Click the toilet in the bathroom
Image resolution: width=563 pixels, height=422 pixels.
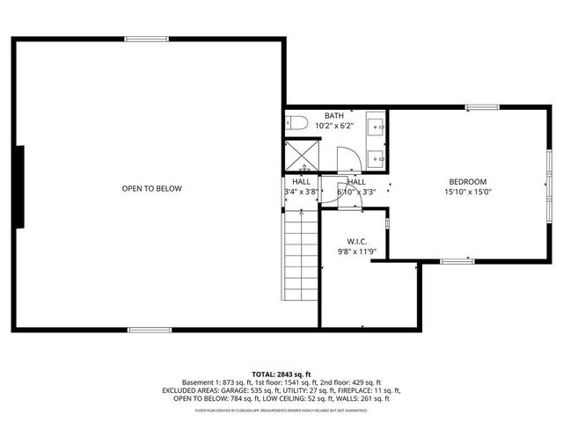(x=296, y=124)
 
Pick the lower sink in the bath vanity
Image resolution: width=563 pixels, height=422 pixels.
(x=377, y=158)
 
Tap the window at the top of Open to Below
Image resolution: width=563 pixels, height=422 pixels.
(x=146, y=39)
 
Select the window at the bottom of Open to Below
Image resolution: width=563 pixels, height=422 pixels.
(x=150, y=330)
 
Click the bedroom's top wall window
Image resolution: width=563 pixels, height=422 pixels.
(x=483, y=107)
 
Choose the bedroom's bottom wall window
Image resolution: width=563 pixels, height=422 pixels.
(x=457, y=260)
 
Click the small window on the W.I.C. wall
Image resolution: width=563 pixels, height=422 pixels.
(x=387, y=234)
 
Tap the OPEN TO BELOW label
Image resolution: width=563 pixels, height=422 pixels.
(x=151, y=189)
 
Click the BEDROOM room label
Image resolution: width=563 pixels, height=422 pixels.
(x=467, y=182)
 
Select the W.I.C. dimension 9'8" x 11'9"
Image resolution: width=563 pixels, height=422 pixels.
(x=357, y=251)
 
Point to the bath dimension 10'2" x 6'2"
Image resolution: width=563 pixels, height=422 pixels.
(x=334, y=127)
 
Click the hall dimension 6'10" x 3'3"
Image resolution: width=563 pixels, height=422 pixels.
(x=356, y=192)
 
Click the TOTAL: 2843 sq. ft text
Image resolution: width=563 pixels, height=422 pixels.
(x=281, y=374)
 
